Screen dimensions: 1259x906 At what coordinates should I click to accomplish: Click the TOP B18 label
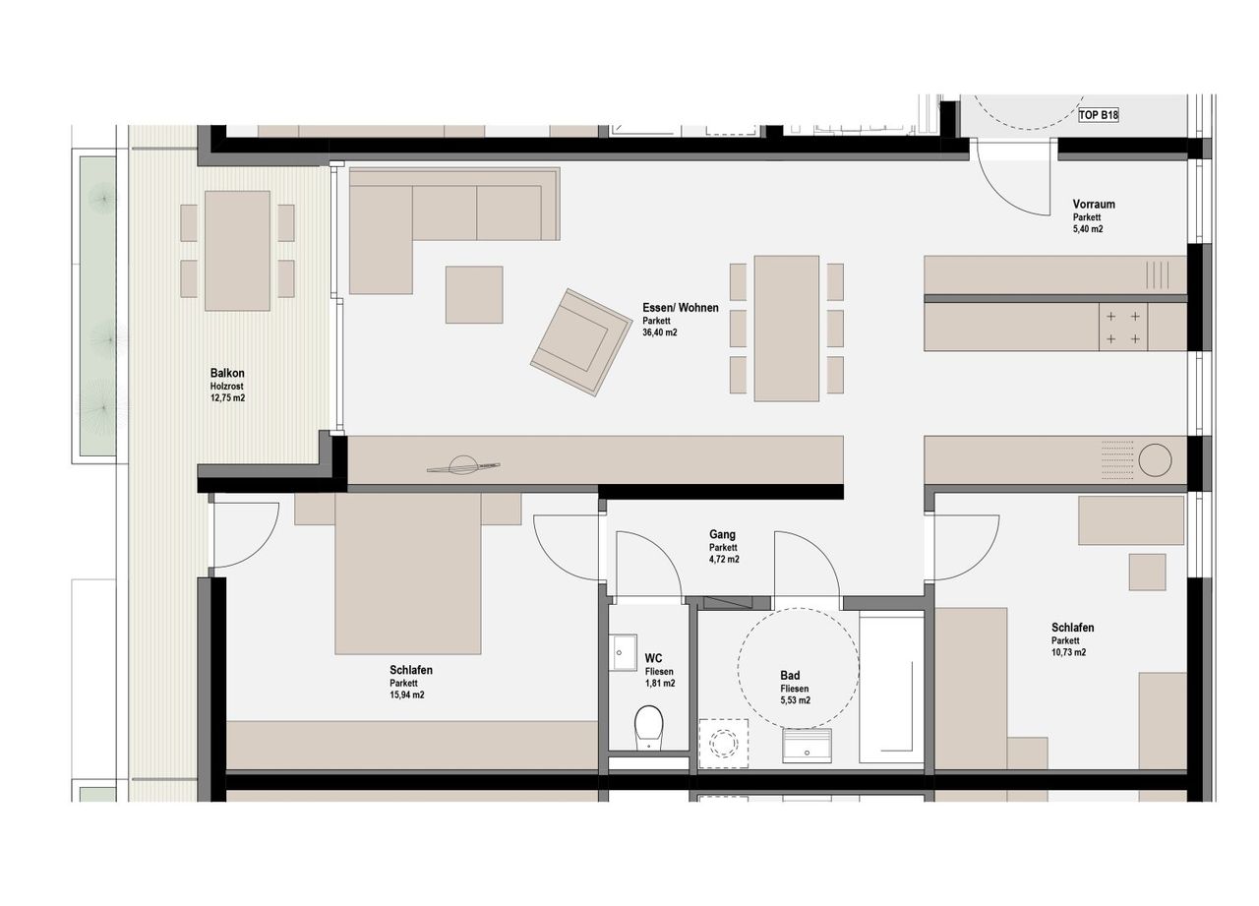click(x=1099, y=115)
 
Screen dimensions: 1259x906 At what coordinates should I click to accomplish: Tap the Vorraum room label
click(x=1094, y=204)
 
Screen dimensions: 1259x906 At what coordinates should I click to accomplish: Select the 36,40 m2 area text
click(x=660, y=332)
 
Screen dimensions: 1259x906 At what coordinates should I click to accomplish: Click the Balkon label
click(x=227, y=373)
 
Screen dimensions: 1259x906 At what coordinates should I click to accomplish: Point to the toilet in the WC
click(x=648, y=727)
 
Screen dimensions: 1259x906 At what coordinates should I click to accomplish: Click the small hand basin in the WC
click(x=624, y=652)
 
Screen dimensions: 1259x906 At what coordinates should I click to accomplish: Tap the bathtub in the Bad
click(x=891, y=689)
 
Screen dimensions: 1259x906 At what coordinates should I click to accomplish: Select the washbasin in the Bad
click(x=808, y=745)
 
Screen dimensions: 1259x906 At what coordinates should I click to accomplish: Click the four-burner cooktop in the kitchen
click(x=1123, y=328)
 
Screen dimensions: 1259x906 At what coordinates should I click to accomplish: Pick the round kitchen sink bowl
click(x=1155, y=460)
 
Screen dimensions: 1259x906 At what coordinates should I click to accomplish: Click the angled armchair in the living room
click(x=580, y=341)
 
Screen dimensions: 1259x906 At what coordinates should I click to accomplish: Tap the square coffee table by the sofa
click(x=474, y=294)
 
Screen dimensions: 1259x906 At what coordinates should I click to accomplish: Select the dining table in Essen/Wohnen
click(x=786, y=329)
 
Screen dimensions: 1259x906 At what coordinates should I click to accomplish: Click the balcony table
click(x=237, y=251)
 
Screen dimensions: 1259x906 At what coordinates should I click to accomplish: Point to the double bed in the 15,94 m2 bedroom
click(x=408, y=574)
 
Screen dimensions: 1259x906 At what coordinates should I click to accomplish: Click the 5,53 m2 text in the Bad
click(x=795, y=700)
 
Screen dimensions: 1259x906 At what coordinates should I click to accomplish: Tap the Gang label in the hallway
click(x=722, y=534)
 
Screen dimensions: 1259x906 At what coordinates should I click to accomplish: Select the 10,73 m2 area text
click(x=1068, y=652)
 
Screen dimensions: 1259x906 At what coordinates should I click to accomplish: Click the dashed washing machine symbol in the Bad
click(x=723, y=744)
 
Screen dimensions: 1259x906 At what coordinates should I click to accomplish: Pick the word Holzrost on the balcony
click(x=226, y=387)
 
